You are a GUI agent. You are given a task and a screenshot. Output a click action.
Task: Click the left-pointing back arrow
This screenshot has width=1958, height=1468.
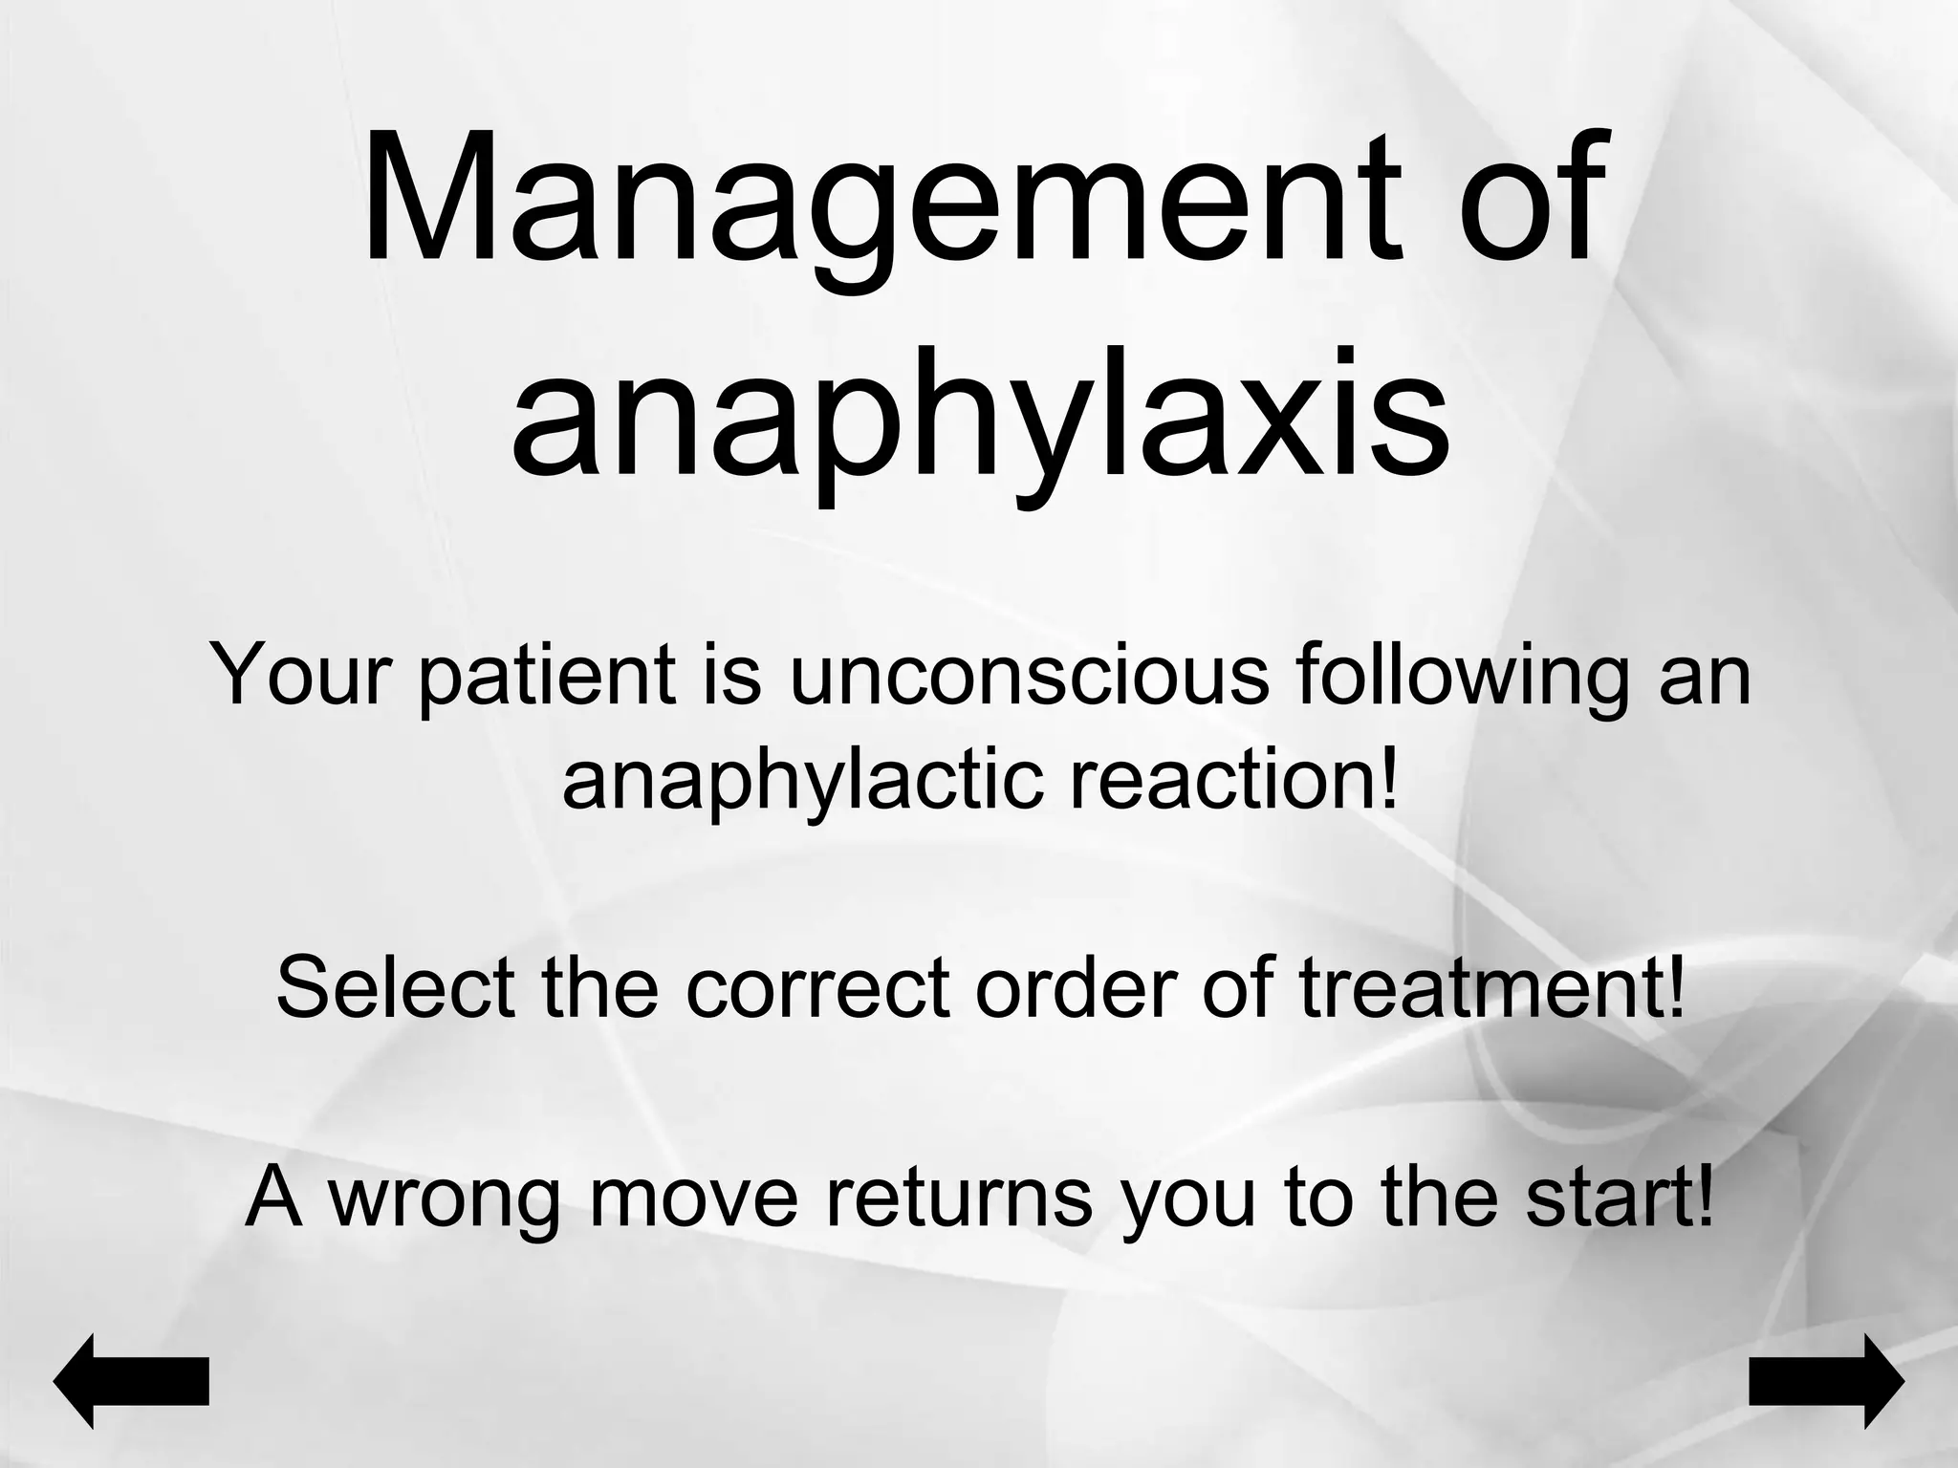(x=131, y=1381)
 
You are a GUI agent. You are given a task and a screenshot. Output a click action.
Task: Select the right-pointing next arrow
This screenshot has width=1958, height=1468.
(x=1826, y=1381)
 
